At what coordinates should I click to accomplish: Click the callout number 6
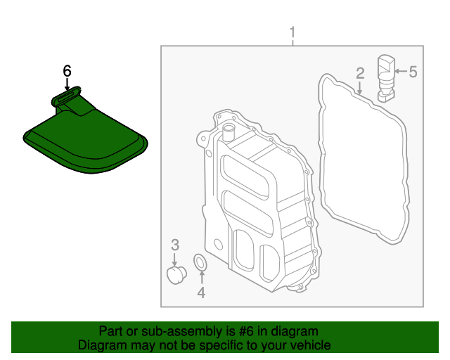pyautogui.click(x=67, y=71)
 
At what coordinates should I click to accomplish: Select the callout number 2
pyautogui.click(x=359, y=73)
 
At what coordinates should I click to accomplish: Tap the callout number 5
pyautogui.click(x=413, y=71)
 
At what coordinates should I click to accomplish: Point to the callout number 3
pyautogui.click(x=175, y=245)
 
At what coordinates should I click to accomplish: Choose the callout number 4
pyautogui.click(x=201, y=292)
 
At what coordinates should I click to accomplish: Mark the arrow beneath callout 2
pyautogui.click(x=359, y=87)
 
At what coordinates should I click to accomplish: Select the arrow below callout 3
pyautogui.click(x=175, y=258)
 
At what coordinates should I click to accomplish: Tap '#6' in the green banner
pyautogui.click(x=246, y=331)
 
